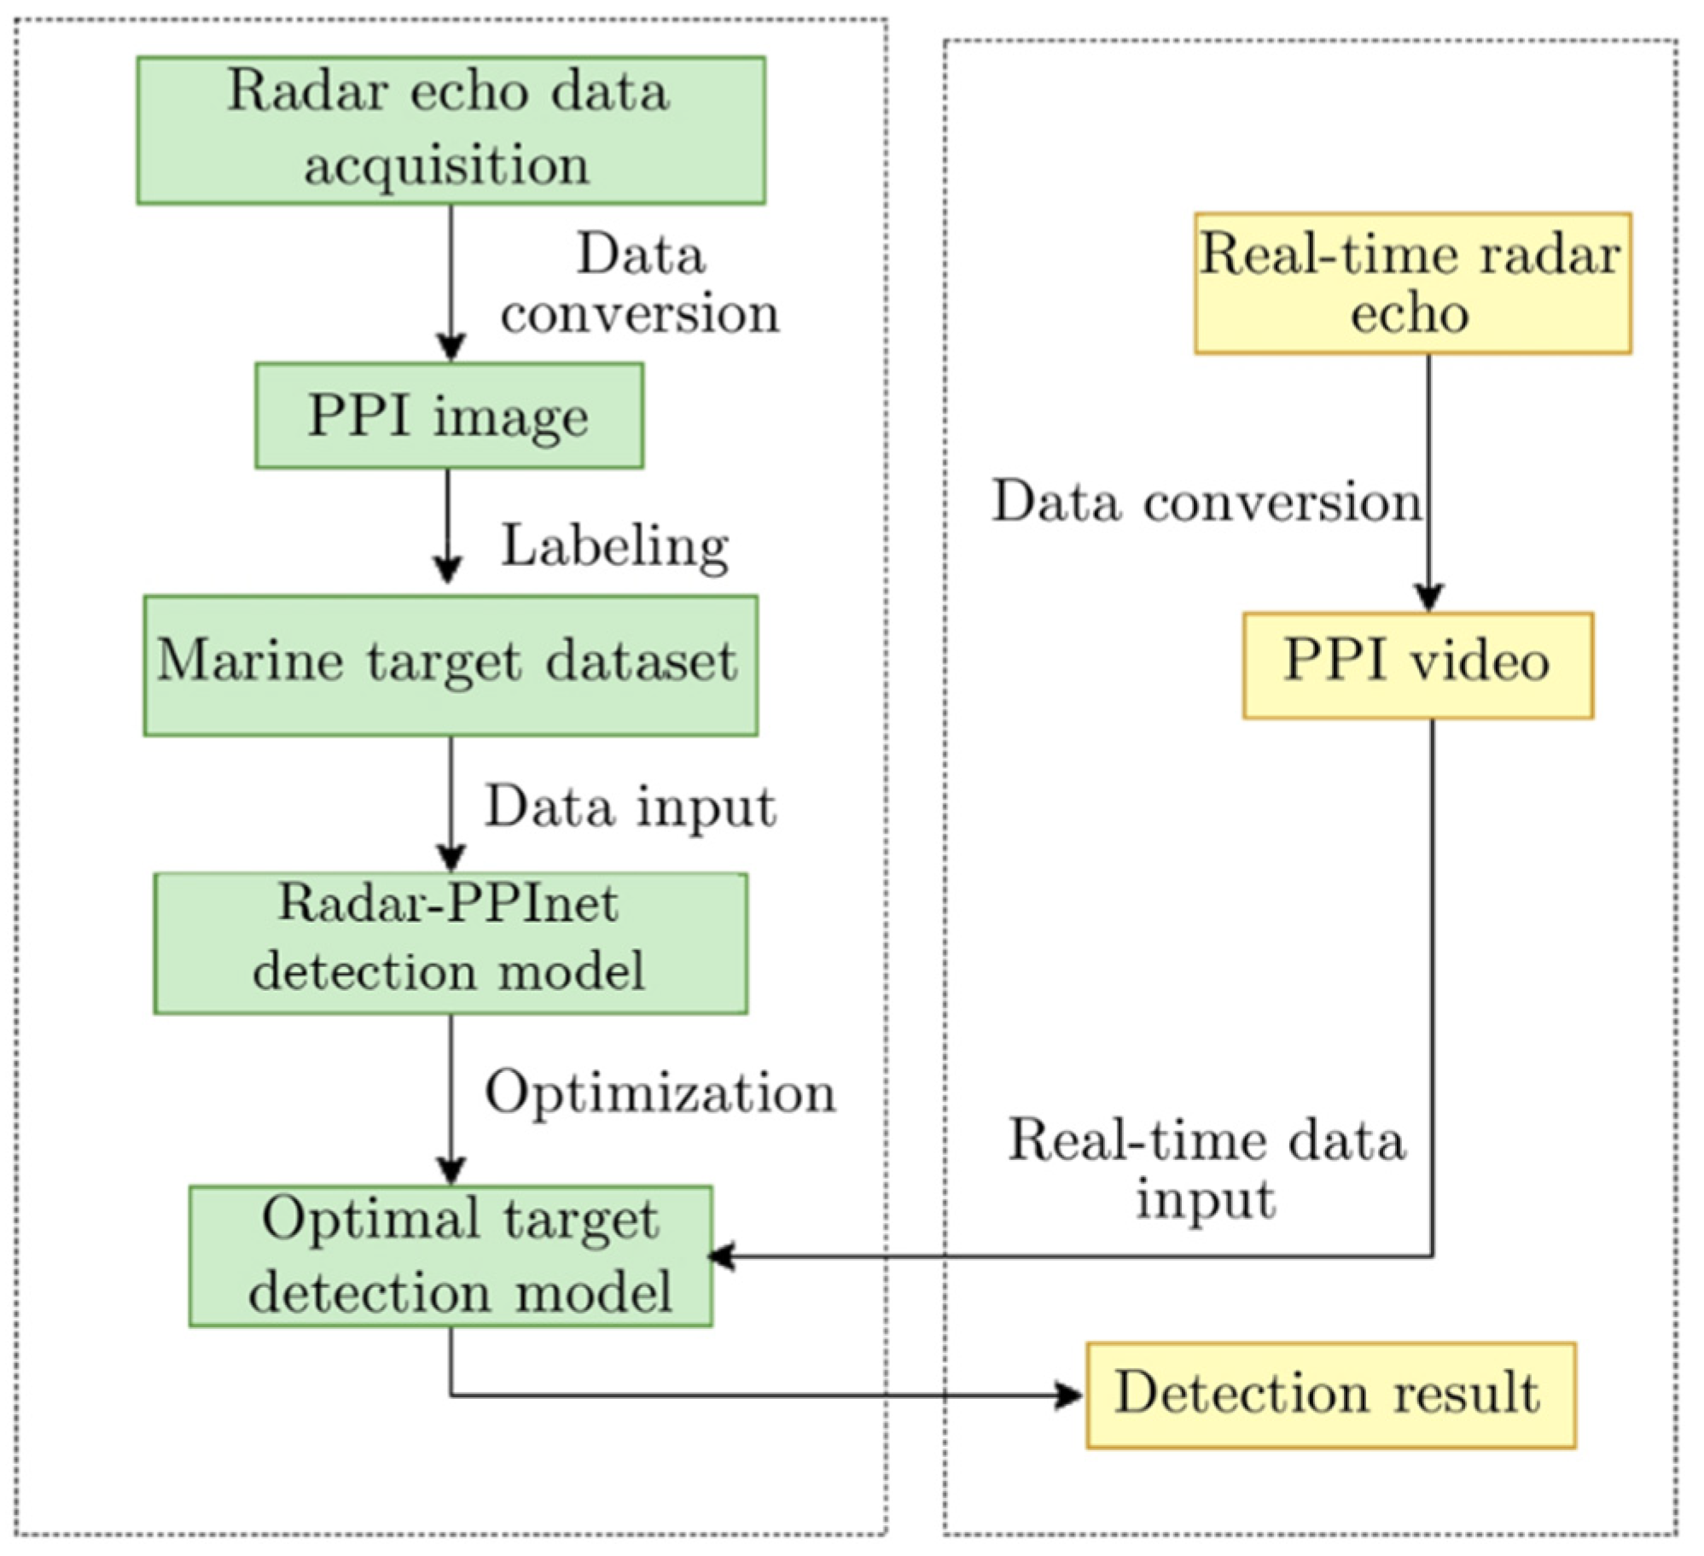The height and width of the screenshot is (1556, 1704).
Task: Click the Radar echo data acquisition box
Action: (451, 130)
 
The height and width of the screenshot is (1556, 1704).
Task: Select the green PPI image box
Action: (449, 415)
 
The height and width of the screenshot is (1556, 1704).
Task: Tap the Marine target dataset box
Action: (451, 665)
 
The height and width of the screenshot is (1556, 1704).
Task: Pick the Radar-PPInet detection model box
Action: (451, 942)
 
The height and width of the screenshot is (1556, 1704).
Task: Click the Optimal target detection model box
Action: (451, 1255)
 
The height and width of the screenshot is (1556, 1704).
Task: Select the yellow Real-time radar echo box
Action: (1412, 283)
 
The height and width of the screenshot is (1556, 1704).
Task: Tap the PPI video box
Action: (1417, 665)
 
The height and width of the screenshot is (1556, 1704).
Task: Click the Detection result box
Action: (1329, 1395)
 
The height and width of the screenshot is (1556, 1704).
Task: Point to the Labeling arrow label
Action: (614, 545)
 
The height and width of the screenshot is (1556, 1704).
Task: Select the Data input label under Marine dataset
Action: (630, 807)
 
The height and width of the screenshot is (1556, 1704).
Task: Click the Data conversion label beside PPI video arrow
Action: (1206, 501)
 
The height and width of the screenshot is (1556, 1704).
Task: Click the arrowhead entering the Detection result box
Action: (1068, 1396)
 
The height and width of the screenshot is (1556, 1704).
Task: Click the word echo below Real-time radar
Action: (1409, 313)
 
